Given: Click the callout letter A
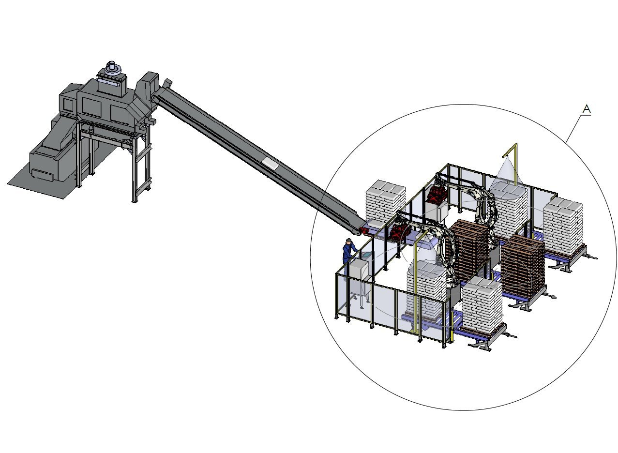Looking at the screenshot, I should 586,109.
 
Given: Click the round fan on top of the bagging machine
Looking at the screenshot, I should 112,67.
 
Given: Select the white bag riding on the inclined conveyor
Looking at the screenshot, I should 270,163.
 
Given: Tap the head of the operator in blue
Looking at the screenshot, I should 348,241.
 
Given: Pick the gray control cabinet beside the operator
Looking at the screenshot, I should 358,271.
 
